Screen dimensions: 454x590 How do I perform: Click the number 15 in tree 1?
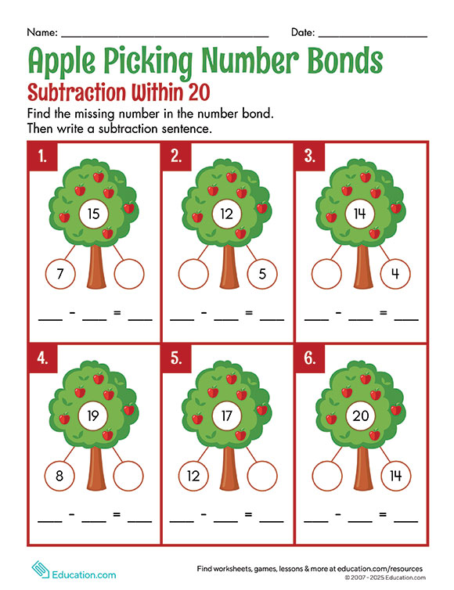coord(93,214)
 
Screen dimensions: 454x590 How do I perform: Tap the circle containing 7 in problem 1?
coord(60,274)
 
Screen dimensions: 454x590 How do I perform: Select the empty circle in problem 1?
coord(129,274)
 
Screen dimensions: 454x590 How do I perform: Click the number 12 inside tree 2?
coord(227,214)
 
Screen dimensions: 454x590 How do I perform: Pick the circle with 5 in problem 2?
coord(262,274)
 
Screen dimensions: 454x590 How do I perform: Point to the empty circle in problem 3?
coord(326,274)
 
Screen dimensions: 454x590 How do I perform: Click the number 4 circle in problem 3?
coord(395,274)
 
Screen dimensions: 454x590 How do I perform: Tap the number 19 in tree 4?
coord(93,416)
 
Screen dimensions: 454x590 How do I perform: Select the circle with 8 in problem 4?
coord(59,476)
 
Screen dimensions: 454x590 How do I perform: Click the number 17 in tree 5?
coord(227,416)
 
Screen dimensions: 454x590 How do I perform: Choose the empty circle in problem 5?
coord(262,476)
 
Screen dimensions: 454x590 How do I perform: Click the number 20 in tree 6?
coord(361,416)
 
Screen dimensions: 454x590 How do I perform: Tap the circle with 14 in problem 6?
coord(395,476)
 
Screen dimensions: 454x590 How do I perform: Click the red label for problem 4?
coord(43,358)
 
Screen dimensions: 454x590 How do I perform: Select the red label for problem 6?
coord(310,358)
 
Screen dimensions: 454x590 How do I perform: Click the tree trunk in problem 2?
coord(229,266)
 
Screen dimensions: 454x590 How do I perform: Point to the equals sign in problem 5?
coord(248,513)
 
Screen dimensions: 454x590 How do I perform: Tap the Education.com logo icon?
coord(40,570)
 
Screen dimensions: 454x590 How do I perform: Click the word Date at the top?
coord(303,32)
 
